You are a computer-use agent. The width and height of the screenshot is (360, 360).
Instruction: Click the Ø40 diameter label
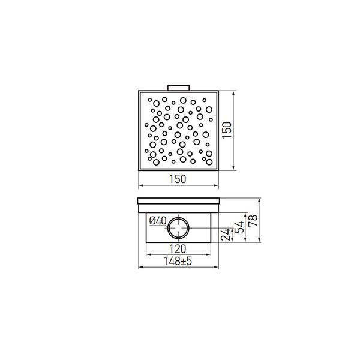[158, 221]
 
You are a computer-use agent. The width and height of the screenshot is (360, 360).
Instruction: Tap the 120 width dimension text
[178, 249]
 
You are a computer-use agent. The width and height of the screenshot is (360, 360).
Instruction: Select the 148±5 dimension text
[178, 261]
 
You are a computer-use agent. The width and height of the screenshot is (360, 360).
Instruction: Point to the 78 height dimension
[253, 221]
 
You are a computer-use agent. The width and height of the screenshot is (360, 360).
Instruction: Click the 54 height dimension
[240, 227]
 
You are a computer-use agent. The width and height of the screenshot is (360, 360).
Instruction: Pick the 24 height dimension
[226, 235]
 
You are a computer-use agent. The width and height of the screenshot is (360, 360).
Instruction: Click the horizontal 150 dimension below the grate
[178, 179]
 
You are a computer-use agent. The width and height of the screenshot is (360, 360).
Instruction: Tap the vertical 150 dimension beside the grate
[227, 130]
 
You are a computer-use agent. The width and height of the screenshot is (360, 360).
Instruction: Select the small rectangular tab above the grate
[178, 88]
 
